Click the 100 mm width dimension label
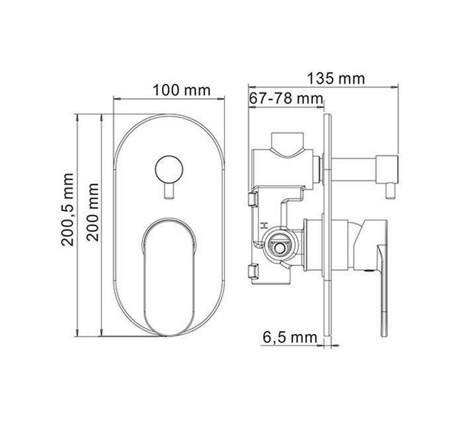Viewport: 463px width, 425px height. click(x=182, y=90)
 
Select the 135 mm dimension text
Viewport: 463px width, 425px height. click(x=336, y=78)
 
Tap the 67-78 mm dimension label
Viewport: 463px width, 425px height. click(x=286, y=98)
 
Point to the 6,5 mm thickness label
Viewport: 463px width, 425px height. click(x=290, y=337)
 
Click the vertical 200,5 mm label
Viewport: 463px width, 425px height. click(x=67, y=210)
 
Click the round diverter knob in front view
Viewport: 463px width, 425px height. click(x=169, y=169)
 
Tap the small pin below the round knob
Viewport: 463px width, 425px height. click(x=169, y=191)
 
